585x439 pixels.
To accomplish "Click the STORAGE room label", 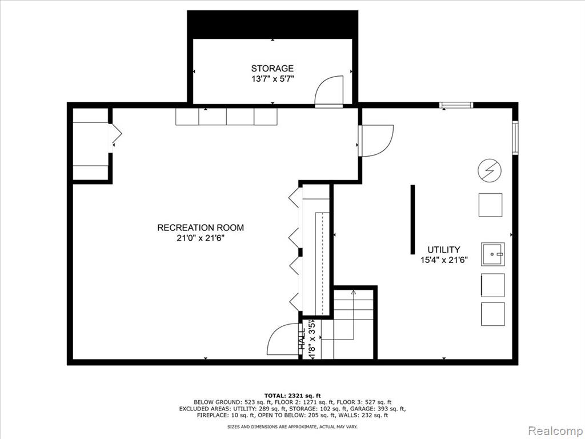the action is tap(272, 69).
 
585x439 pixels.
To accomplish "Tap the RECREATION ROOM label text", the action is tap(201, 228).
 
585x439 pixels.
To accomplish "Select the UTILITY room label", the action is tap(443, 250).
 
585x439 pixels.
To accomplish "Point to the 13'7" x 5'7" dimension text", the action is tap(272, 79).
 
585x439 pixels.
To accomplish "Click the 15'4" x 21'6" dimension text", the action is tap(444, 260).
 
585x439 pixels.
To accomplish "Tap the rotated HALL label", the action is tap(302, 339).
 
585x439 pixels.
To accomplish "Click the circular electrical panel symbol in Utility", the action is tap(490, 170).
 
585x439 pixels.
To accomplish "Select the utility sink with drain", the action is tap(493, 254).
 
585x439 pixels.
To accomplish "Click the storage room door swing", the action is tap(329, 91).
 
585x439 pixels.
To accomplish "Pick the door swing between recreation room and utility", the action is tap(376, 141).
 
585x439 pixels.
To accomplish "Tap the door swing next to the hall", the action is tap(282, 339).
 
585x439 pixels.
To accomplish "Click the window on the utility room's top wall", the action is tap(456, 105).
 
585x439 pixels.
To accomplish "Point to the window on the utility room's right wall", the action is tap(515, 137).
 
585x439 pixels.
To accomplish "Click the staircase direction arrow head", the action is tap(354, 292).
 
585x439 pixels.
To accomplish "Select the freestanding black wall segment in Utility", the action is tap(412, 219).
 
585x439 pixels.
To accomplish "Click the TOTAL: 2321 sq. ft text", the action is tap(292, 396).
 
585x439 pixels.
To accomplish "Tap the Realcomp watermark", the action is tap(555, 430).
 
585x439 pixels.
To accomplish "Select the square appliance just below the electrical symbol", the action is tap(490, 205).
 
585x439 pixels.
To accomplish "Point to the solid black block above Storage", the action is tap(273, 24).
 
